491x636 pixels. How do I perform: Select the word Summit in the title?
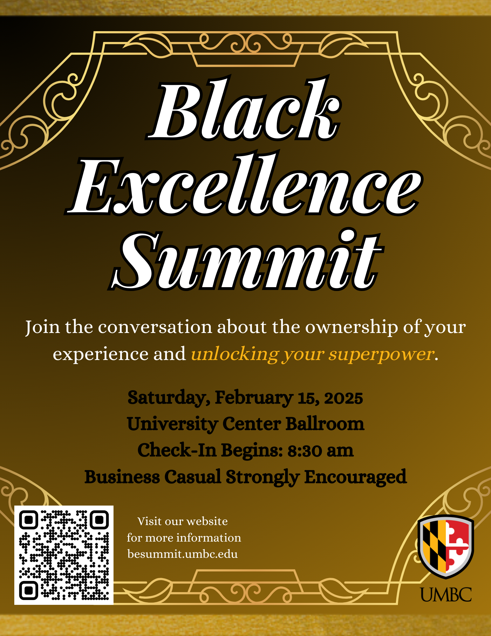coord(246,259)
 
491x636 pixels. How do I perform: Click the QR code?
coord(64,555)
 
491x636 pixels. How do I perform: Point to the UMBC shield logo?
coord(446,547)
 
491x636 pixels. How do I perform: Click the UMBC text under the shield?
coord(446,594)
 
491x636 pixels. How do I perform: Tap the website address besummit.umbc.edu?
coord(182,554)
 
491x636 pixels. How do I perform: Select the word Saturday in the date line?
coord(169,398)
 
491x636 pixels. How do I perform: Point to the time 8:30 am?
coord(320,451)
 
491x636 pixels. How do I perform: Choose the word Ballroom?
coord(325,424)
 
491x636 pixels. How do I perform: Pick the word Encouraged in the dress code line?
coord(356,477)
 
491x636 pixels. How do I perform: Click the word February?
coord(254,398)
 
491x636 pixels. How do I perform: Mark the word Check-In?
coord(177,450)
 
